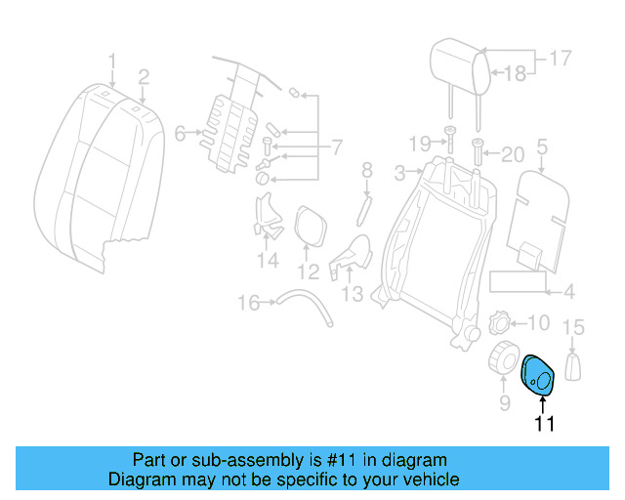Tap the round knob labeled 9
click(504, 358)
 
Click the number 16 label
click(249, 303)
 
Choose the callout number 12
click(308, 271)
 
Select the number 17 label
click(559, 59)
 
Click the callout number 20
click(513, 153)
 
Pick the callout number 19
click(419, 144)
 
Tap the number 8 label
click(367, 171)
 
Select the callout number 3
click(399, 174)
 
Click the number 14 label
click(268, 260)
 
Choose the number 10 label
click(539, 322)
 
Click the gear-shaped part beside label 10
click(499, 322)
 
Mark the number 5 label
click(542, 147)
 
